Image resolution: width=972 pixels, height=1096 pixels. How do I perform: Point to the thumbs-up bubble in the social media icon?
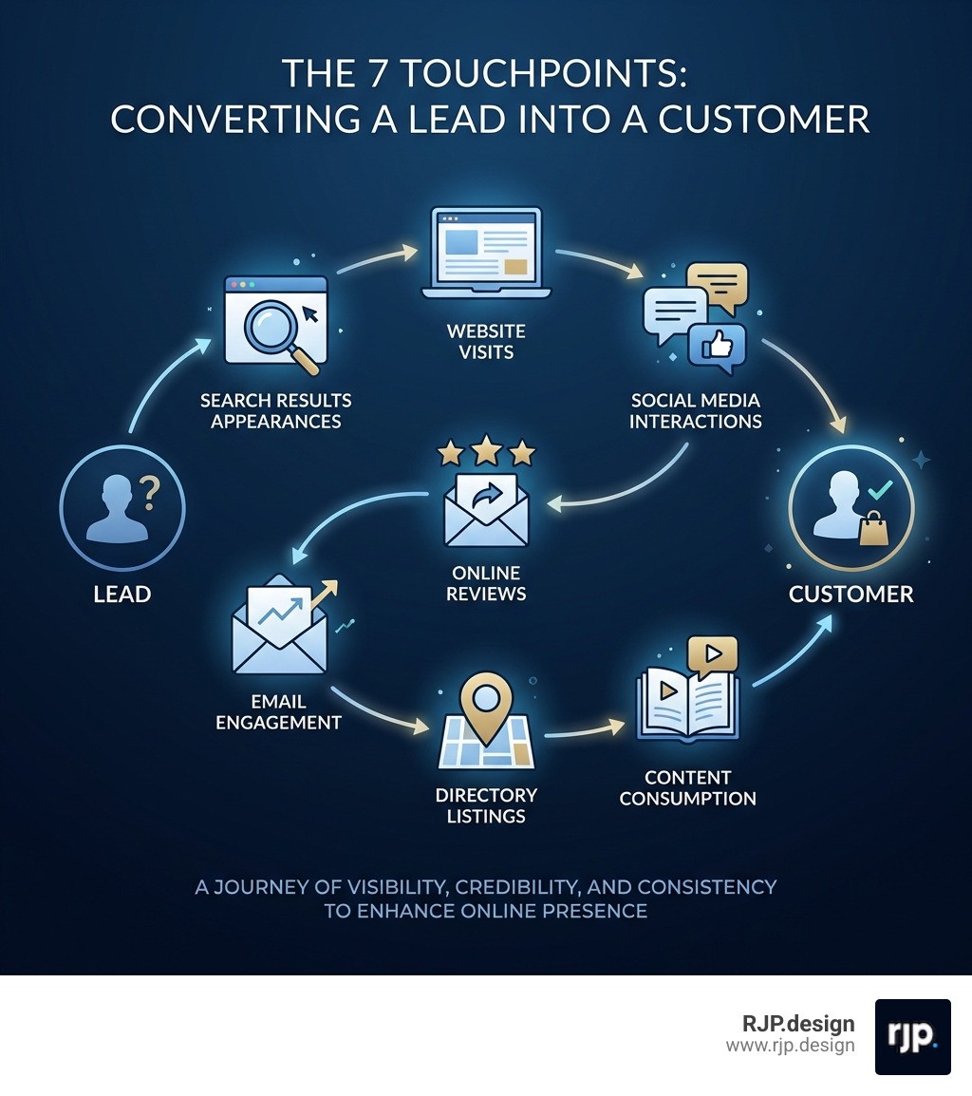click(716, 348)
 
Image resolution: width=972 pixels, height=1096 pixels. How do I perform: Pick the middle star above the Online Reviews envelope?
click(486, 449)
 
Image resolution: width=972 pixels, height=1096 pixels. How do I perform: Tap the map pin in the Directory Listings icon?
click(485, 702)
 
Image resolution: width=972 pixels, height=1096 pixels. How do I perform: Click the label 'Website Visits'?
click(485, 342)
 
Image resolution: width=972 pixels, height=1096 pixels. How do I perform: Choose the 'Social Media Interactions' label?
click(696, 410)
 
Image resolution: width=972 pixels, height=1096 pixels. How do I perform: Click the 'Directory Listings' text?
click(486, 804)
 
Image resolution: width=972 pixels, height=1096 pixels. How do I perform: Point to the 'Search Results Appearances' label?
click(275, 410)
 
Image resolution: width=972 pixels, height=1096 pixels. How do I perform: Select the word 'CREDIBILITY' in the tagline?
click(515, 887)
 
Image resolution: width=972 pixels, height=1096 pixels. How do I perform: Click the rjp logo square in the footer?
click(912, 1036)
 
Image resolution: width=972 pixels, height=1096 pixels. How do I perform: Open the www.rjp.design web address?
click(790, 1046)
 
